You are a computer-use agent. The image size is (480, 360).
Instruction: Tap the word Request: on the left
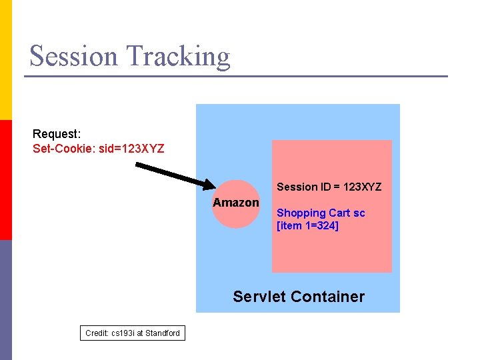[x=57, y=134]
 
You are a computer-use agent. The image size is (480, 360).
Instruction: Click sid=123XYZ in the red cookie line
[x=131, y=148]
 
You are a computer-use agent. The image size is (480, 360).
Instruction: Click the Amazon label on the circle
[x=236, y=203]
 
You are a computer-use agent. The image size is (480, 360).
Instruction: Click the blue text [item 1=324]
[x=307, y=226]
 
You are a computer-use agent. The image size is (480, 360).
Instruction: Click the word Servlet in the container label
[x=258, y=297]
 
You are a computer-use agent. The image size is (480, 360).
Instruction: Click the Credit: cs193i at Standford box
[x=133, y=333]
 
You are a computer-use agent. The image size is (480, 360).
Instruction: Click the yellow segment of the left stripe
[x=6, y=60]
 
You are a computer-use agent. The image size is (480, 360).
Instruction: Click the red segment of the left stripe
[x=6, y=180]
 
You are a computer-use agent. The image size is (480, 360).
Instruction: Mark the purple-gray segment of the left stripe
[x=6, y=300]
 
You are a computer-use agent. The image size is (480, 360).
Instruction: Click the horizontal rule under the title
[x=236, y=76]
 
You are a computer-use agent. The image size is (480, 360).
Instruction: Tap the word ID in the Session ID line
[x=325, y=187]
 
